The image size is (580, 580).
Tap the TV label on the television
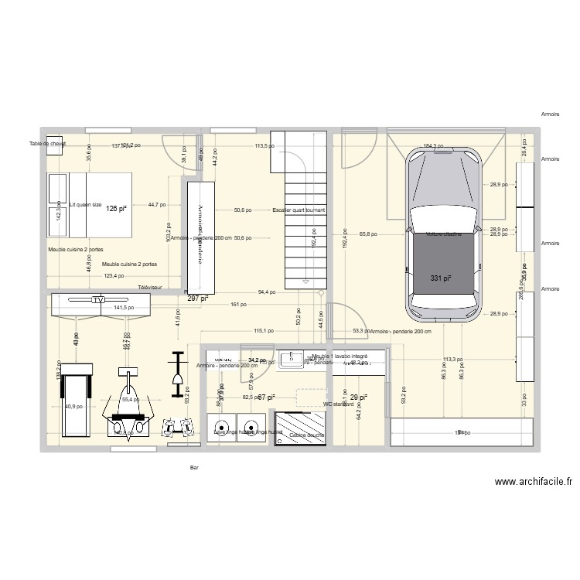(98, 299)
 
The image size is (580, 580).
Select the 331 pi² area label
(441, 278)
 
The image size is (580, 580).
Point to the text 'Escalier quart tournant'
(299, 210)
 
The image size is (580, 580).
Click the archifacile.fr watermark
(534, 481)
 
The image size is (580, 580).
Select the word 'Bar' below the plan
(194, 467)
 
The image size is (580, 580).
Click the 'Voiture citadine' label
(443, 234)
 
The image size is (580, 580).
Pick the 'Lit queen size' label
(85, 205)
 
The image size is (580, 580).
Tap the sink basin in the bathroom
(293, 358)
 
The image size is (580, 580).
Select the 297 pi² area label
(198, 297)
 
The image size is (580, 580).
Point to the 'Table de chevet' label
(47, 144)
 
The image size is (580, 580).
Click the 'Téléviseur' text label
(150, 287)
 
